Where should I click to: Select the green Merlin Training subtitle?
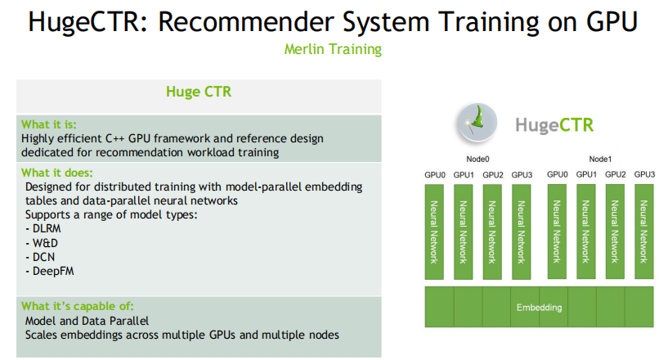coord(333,49)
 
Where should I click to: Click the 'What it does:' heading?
coord(57,173)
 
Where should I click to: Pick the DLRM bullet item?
coord(44,228)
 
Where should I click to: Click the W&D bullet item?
coord(42,242)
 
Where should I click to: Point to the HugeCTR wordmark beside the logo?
coord(554,125)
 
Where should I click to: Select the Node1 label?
coord(600,160)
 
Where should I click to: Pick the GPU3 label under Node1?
coord(644,174)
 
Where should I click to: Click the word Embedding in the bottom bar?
coord(539,308)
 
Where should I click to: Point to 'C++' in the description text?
coord(126,138)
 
